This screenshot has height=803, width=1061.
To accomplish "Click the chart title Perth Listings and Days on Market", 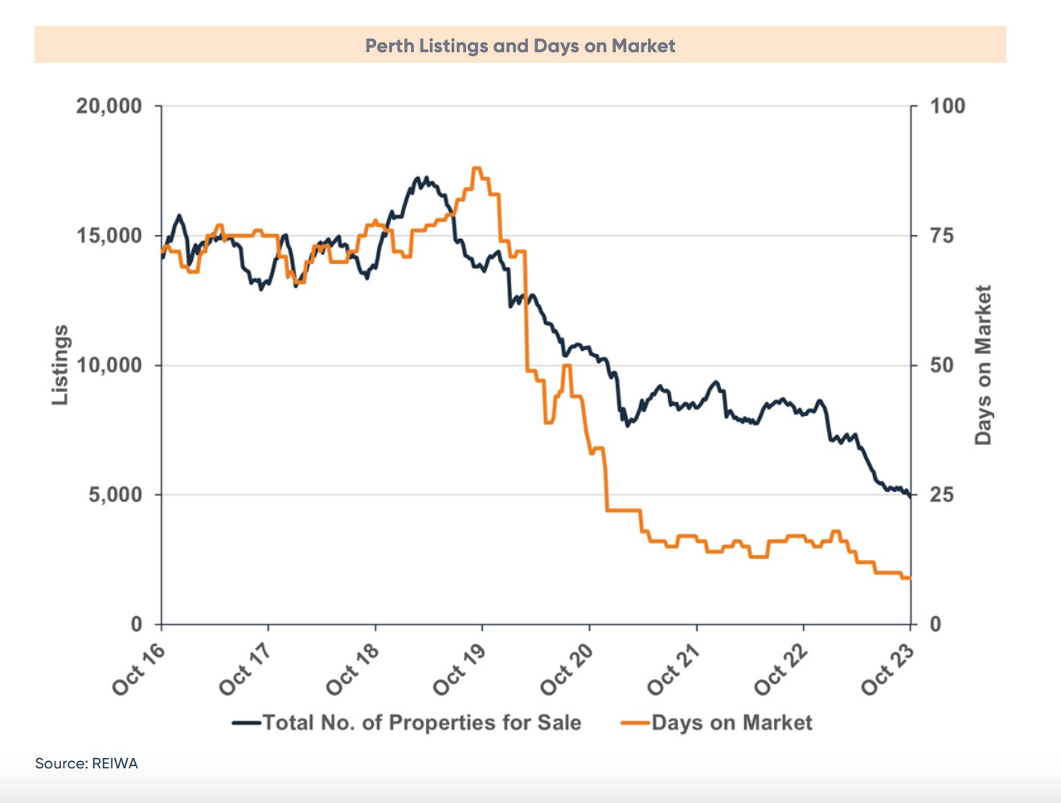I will (x=520, y=46).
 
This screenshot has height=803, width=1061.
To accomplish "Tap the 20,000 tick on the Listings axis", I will (x=109, y=106).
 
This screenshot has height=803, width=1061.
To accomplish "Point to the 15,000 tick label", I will (x=109, y=236).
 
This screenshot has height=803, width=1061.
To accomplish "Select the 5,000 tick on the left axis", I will (x=115, y=495).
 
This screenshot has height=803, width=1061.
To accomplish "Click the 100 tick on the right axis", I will (x=948, y=106).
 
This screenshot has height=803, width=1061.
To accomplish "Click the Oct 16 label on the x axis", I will (x=139, y=669).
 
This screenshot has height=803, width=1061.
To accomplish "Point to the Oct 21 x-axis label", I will (x=674, y=669).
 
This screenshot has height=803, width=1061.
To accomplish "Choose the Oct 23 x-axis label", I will (x=887, y=669).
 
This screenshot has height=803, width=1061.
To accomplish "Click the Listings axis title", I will (x=60, y=364).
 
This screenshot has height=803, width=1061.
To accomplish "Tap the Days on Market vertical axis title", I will (x=983, y=364).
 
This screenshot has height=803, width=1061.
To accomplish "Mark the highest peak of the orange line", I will (x=477, y=168).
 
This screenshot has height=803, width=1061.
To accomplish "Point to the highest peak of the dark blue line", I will (x=418, y=178).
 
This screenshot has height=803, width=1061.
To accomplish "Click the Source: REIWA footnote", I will (x=87, y=763).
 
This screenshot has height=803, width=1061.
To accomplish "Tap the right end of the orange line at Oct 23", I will (x=909, y=578).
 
